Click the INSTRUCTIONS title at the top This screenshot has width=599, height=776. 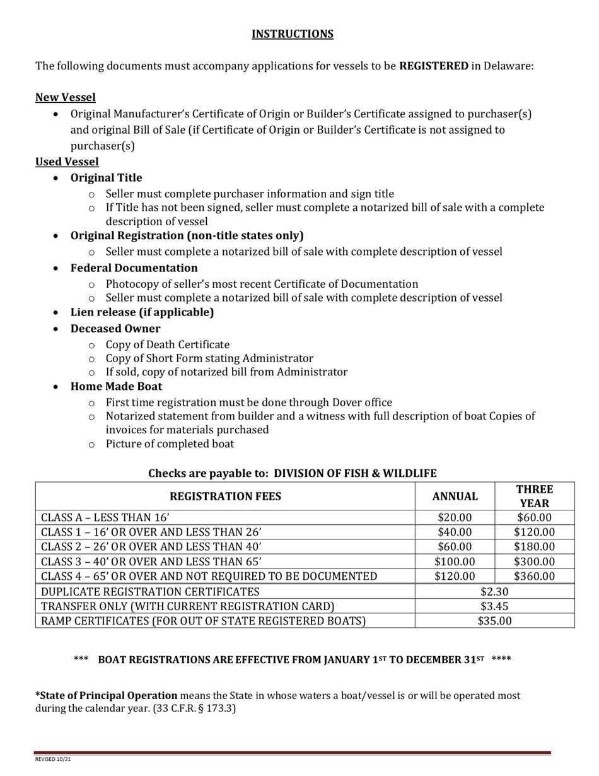tap(293, 34)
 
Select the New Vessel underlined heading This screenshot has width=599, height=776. tap(66, 97)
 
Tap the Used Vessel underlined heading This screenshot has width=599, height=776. tap(67, 162)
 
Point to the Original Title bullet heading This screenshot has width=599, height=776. tap(106, 178)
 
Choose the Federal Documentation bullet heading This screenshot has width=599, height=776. tap(134, 268)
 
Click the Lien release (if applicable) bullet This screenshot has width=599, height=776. tap(142, 312)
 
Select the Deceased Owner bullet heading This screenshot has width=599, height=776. tap(115, 329)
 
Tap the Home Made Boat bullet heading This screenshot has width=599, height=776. tap(116, 387)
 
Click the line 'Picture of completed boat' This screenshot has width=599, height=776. tap(170, 444)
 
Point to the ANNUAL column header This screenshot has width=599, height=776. tap(455, 497)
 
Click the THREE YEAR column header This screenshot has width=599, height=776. tap(535, 497)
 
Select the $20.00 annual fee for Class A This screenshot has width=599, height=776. tap(455, 518)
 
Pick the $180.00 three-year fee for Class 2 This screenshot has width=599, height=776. tap(535, 547)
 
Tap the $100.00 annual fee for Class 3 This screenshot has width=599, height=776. tap(455, 561)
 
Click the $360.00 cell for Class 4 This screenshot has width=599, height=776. tap(535, 576)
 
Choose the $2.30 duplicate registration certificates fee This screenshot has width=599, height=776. tap(494, 591)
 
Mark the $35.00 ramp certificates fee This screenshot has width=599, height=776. tap(494, 621)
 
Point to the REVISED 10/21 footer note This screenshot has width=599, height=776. tap(52, 759)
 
